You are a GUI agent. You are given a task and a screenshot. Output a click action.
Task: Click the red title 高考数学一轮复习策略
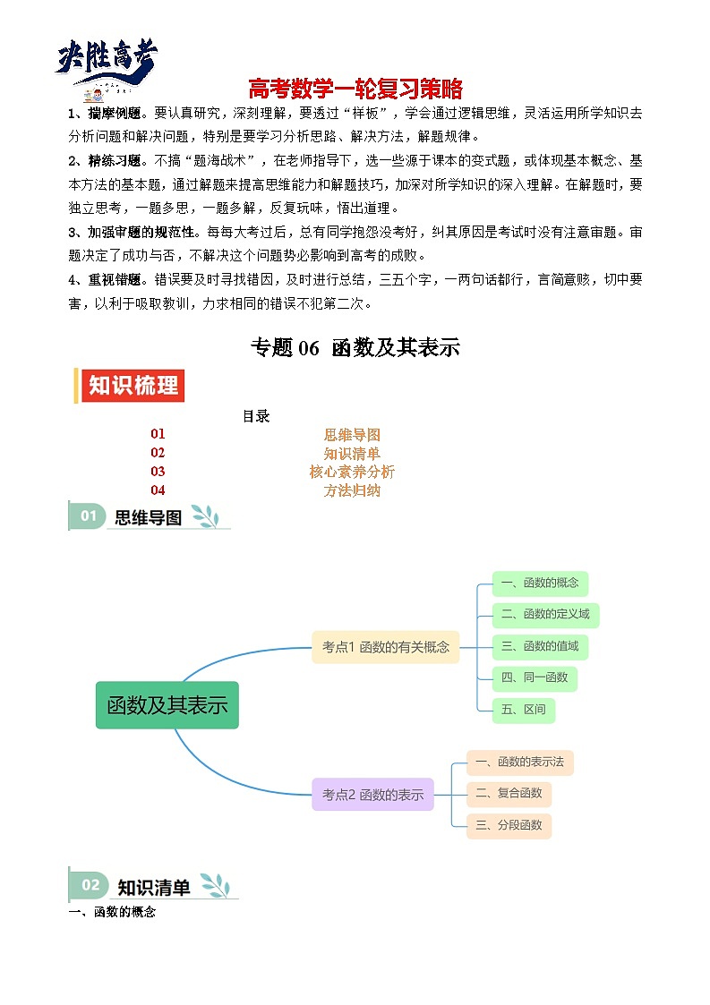click(355, 89)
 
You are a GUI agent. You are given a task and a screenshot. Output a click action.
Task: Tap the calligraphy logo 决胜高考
click(107, 61)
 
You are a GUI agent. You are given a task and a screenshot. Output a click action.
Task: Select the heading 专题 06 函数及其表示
click(355, 348)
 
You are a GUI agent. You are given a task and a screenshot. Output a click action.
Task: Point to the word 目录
click(256, 416)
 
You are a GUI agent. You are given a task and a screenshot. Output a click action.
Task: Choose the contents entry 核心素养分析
click(352, 472)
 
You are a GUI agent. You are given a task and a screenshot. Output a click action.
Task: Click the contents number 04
click(158, 490)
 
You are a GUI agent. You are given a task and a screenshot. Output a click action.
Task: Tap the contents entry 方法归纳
click(352, 490)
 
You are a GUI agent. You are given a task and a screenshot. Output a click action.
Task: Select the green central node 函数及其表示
click(167, 705)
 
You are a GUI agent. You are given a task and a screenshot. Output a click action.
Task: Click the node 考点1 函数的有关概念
click(386, 647)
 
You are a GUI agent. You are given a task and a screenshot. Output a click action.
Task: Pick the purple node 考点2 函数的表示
click(372, 795)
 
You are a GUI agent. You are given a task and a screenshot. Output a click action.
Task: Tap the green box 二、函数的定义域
click(545, 615)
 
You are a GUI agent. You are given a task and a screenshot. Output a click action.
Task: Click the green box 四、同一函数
click(535, 677)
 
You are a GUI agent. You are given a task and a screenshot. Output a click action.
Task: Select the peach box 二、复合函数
click(509, 793)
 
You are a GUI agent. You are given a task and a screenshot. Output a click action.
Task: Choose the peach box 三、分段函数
click(509, 825)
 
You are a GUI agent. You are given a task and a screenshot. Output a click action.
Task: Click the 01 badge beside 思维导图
click(89, 515)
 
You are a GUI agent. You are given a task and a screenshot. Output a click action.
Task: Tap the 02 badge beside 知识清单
click(90, 885)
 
